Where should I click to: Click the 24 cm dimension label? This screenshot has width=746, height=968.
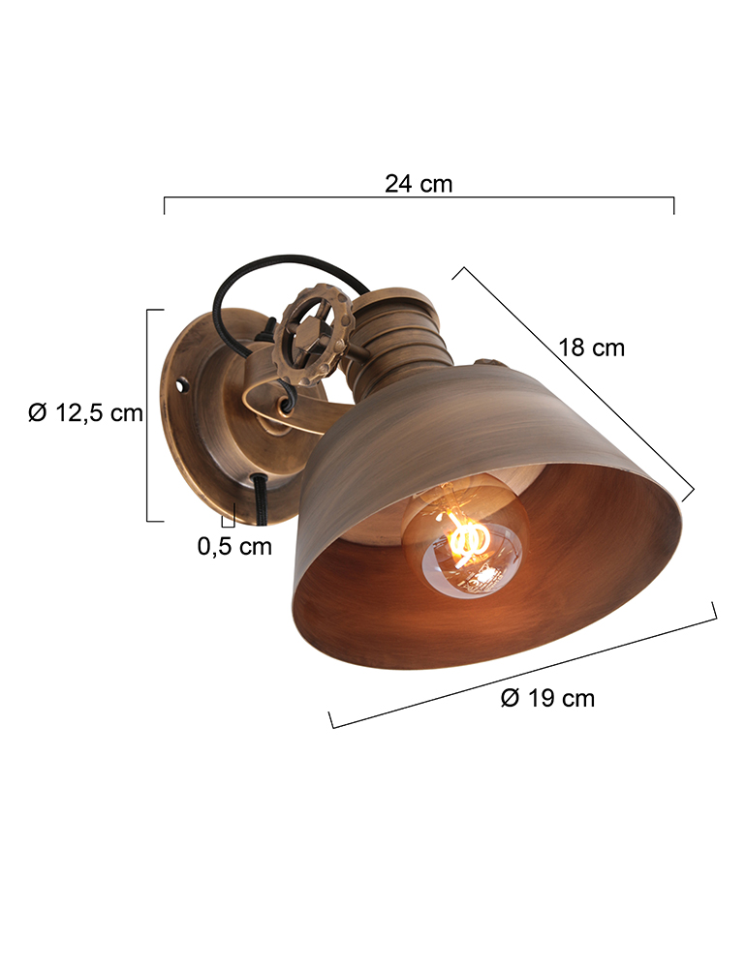[418, 183]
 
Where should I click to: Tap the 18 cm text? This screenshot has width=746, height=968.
[591, 348]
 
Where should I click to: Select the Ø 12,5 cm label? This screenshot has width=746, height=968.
[85, 413]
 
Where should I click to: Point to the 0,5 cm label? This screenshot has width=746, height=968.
[234, 546]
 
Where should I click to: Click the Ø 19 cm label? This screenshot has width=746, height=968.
[547, 698]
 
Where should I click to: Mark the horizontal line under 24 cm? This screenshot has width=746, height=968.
[419, 197]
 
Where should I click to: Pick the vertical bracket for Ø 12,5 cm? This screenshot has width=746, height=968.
[148, 414]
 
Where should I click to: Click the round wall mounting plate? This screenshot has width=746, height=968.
[199, 416]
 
